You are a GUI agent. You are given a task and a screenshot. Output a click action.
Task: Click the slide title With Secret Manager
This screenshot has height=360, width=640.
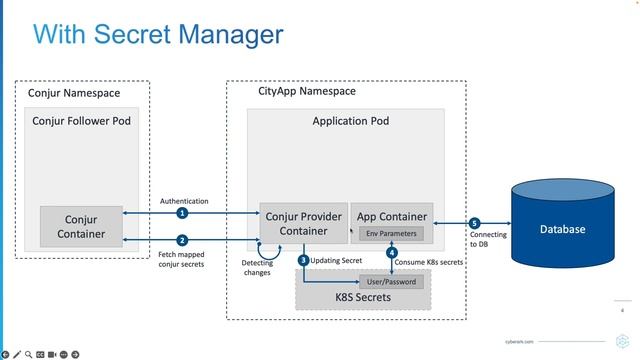[157, 35]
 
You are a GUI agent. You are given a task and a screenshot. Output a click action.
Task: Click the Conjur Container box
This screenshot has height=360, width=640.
[81, 226]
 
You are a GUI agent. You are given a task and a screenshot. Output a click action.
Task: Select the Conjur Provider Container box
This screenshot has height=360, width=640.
[303, 224]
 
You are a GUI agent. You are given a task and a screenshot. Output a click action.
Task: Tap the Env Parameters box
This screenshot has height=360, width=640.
[391, 233]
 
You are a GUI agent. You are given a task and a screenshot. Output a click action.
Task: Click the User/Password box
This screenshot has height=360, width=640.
[392, 281]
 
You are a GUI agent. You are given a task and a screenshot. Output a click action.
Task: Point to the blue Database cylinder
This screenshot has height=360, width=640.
[562, 228]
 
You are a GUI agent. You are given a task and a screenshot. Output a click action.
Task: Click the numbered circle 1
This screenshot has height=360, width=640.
[182, 213]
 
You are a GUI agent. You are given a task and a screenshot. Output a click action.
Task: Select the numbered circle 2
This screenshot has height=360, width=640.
[182, 240]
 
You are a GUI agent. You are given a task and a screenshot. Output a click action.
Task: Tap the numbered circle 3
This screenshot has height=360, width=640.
[303, 260]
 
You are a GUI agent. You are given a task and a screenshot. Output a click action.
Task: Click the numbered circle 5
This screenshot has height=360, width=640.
[474, 223]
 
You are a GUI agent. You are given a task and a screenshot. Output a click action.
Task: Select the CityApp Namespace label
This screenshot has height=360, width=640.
[299, 91]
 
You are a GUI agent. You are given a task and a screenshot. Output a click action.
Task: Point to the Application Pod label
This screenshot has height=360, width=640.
[344, 121]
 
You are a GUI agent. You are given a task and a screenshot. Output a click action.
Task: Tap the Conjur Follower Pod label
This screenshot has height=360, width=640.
[81, 121]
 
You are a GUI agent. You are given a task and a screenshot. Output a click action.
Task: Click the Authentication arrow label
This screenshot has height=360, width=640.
[184, 201]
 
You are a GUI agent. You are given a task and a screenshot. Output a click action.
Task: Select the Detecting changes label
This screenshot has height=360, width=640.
[256, 267]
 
